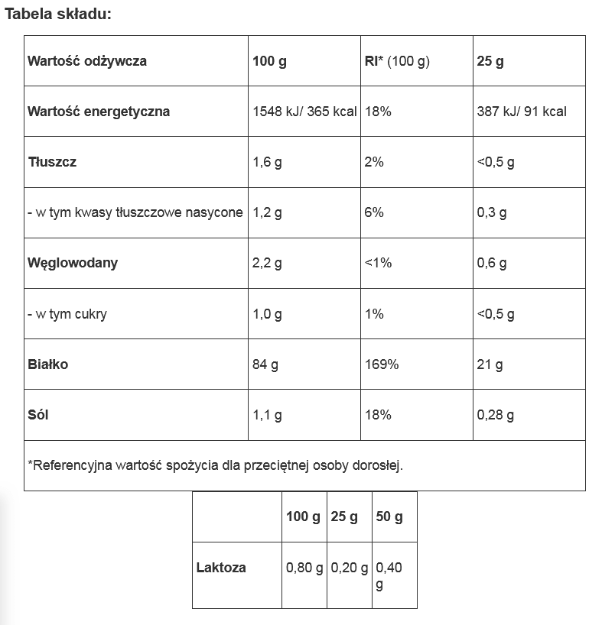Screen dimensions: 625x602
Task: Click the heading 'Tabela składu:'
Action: point(58,15)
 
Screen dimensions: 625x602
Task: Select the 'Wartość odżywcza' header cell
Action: point(87,61)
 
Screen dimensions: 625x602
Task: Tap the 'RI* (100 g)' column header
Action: point(398,61)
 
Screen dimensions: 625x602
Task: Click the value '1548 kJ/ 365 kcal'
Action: point(304,112)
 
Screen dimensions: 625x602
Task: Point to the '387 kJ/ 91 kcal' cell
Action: point(522,112)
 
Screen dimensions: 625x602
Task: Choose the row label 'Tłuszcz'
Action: point(52,162)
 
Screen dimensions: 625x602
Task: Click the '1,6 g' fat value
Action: point(267,162)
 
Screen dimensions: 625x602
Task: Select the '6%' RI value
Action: point(374,212)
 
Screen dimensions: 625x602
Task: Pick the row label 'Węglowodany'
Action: point(73,263)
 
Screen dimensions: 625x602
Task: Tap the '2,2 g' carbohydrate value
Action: point(267,263)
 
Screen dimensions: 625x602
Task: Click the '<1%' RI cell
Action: point(379,263)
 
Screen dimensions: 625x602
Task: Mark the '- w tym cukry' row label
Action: point(67,314)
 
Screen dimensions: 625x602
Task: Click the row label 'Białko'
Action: point(48,364)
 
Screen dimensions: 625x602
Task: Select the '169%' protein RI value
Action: point(382,364)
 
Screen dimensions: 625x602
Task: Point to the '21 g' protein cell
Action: point(490,364)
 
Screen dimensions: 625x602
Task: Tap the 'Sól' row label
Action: point(38,415)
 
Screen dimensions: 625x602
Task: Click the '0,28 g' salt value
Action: point(495,415)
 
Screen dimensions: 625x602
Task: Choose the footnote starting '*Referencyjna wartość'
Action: point(215,465)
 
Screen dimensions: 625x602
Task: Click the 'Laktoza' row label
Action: point(221,568)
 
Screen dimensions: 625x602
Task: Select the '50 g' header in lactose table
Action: point(389,517)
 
